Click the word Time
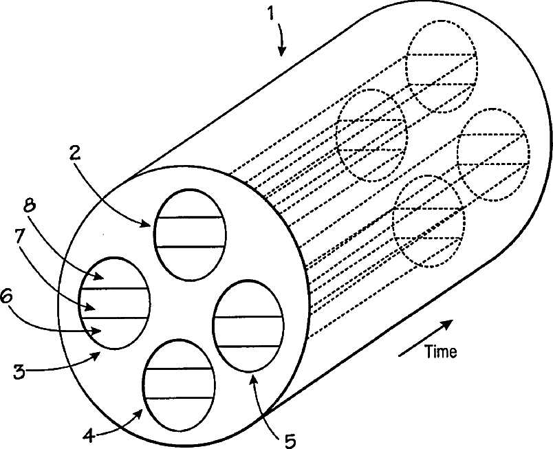click(x=441, y=352)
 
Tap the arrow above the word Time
click(x=426, y=338)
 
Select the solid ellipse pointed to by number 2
click(x=189, y=234)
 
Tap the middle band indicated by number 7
click(x=114, y=303)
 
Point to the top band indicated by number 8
click(x=114, y=274)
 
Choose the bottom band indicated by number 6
click(x=114, y=331)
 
